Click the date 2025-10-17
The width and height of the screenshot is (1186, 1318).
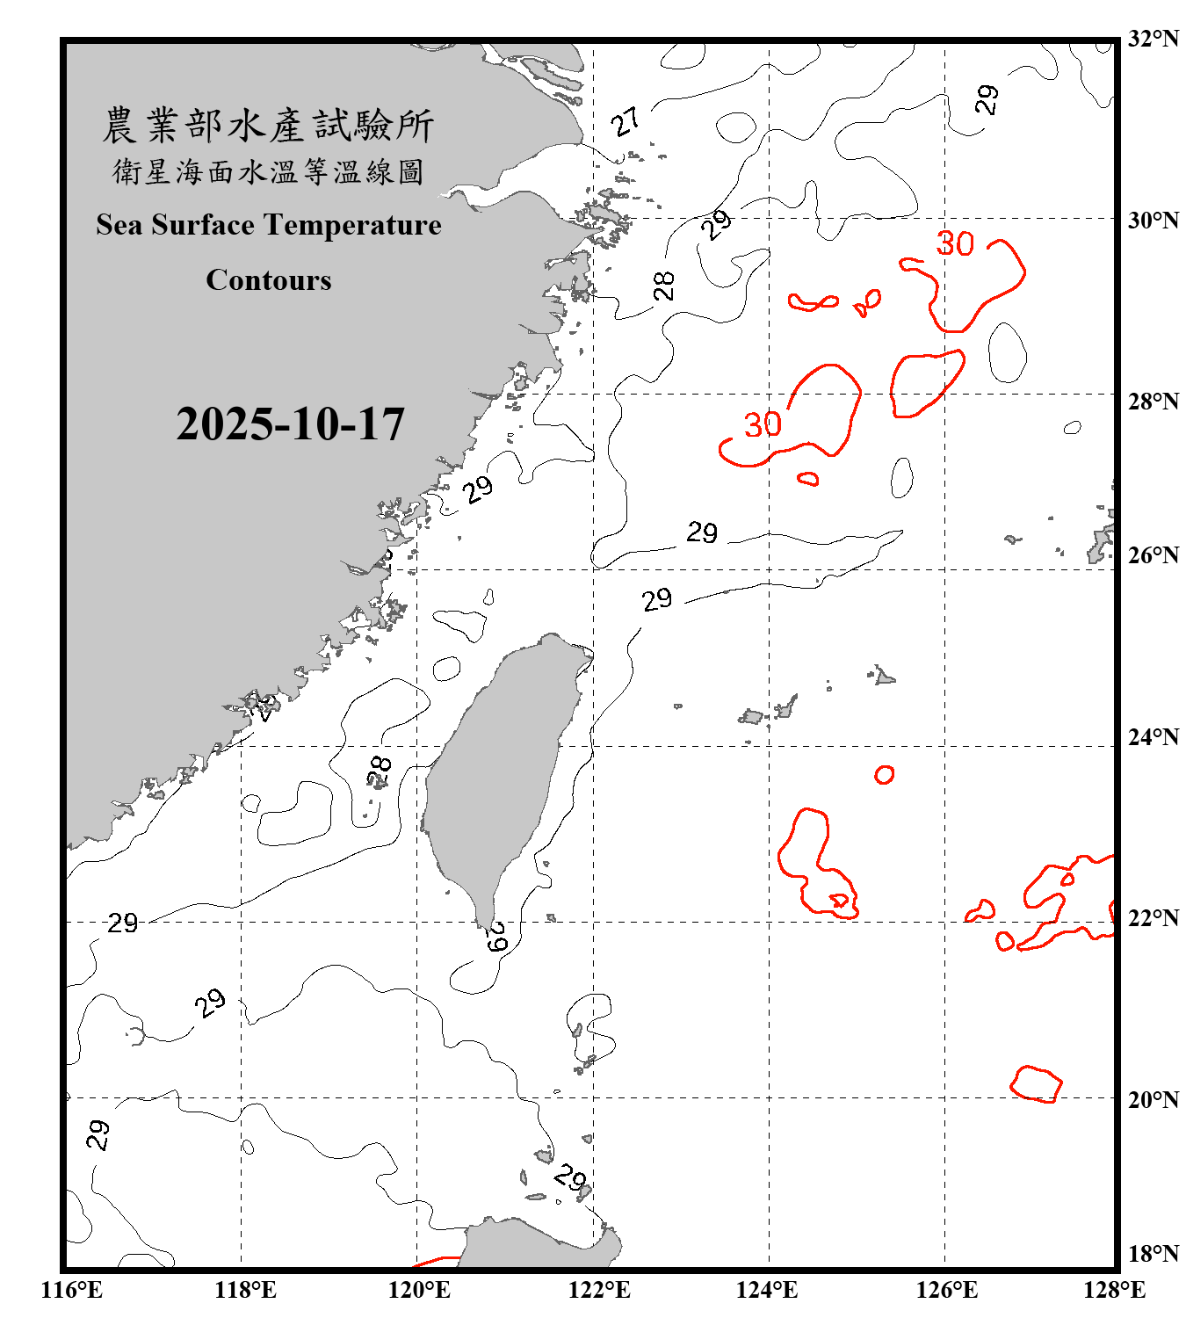pyautogui.click(x=290, y=424)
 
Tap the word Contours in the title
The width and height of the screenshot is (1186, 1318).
pyautogui.click(x=269, y=280)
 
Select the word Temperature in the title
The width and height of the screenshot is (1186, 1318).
pyautogui.click(x=351, y=225)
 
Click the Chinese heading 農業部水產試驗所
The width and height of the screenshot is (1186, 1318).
pyautogui.click(x=268, y=126)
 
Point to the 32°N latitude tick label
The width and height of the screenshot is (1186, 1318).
pyautogui.click(x=1153, y=39)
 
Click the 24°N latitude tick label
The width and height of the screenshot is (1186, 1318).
pyautogui.click(x=1153, y=737)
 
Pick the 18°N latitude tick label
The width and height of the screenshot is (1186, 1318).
pyautogui.click(x=1153, y=1254)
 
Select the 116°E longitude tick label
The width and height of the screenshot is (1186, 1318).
pyautogui.click(x=72, y=1290)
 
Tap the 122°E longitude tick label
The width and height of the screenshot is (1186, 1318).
pyautogui.click(x=599, y=1290)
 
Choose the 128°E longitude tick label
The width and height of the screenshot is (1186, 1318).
pyautogui.click(x=1114, y=1290)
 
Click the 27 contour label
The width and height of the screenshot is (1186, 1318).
pyautogui.click(x=626, y=122)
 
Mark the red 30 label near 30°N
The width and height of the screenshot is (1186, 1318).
pyautogui.click(x=955, y=243)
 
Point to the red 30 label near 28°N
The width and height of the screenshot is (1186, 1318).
pyautogui.click(x=763, y=425)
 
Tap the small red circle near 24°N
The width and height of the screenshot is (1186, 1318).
pyautogui.click(x=885, y=774)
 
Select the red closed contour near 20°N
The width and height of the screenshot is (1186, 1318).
pyautogui.click(x=1037, y=1084)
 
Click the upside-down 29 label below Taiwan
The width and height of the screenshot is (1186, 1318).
pyautogui.click(x=497, y=937)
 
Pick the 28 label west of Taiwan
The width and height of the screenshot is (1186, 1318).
pyautogui.click(x=380, y=771)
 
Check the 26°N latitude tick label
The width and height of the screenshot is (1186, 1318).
pyautogui.click(x=1153, y=555)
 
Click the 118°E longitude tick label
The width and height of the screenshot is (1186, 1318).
pyautogui.click(x=245, y=1290)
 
